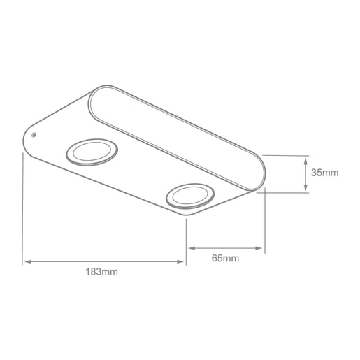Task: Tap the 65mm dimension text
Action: (225, 257)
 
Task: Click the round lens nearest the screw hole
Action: (92, 152)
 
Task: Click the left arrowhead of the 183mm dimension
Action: (27, 262)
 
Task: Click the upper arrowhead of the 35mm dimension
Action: (307, 160)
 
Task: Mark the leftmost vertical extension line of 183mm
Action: (24, 210)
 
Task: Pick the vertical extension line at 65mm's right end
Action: (265, 224)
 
